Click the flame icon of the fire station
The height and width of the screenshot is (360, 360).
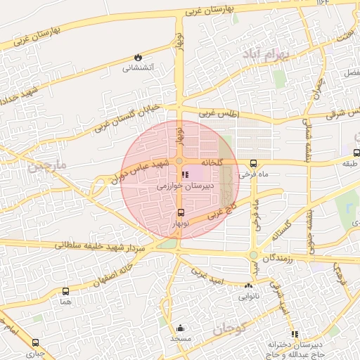138,58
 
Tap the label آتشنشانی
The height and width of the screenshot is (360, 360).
138,68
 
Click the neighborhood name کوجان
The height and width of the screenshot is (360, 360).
229,328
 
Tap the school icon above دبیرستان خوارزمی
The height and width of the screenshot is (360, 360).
185,175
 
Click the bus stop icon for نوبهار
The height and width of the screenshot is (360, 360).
181,212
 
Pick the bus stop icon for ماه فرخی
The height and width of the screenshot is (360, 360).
253,162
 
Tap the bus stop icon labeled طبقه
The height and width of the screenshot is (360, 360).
356,153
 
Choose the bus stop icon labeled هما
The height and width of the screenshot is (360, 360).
66,291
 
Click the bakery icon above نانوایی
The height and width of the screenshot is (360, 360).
247,286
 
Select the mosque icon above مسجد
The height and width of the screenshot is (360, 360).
180,328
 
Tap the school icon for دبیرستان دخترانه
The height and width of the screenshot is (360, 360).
294,334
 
